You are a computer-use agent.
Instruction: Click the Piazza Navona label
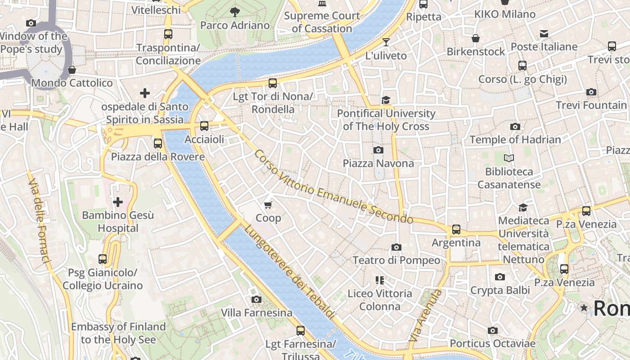coord(378,163)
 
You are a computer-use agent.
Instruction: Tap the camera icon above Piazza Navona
coord(378,150)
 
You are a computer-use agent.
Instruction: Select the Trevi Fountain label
coord(591,105)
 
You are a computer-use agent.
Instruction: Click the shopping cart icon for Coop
coord(268,205)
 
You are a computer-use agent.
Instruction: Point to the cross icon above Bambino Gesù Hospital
coord(118,202)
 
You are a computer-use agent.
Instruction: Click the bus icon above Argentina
coord(456,229)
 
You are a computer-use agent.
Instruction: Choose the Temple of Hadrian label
coord(515,139)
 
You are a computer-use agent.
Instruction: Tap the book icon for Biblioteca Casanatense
coord(509,158)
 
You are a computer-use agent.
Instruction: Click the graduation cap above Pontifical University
coord(386,100)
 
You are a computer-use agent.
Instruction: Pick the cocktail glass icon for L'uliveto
coord(386,42)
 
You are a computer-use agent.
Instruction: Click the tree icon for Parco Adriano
coord(234,12)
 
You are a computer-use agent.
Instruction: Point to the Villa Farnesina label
coord(256,312)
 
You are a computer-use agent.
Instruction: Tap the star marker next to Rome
coord(584,308)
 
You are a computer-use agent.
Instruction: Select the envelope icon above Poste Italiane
coord(544,33)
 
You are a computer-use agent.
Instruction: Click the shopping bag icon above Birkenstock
coord(476,38)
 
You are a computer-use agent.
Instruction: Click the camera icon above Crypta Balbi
coord(499,277)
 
